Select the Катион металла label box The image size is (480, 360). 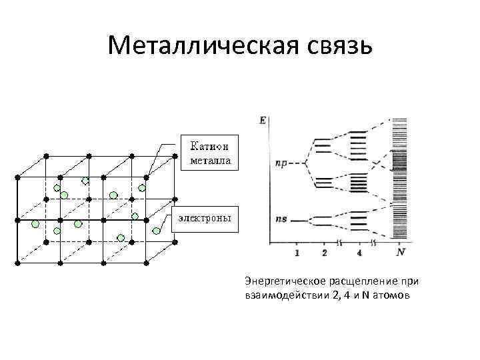(x=209, y=153)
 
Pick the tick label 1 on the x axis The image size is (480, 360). (x=296, y=253)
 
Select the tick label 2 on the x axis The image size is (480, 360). (x=324, y=253)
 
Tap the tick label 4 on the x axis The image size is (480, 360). (x=359, y=253)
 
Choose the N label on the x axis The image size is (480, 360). (x=400, y=253)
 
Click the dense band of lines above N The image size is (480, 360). (x=400, y=180)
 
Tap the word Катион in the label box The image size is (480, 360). (x=209, y=146)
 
